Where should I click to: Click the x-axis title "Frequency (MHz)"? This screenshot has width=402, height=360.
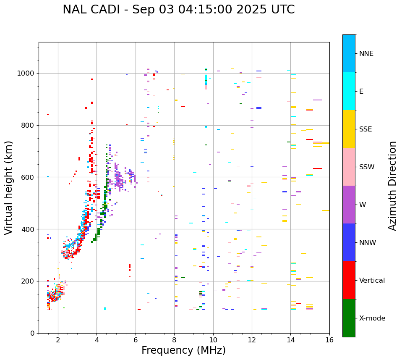point(183,350)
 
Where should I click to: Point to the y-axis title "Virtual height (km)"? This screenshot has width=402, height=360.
point(9,187)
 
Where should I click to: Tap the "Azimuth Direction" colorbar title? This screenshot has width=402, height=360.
point(392,186)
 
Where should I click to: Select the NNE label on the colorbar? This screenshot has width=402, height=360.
point(366,54)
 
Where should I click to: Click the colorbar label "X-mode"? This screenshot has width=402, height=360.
point(372,318)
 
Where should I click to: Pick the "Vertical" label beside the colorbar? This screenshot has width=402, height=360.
point(372,281)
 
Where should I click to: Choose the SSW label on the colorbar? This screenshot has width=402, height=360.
point(367,167)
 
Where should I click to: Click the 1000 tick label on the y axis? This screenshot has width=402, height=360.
point(26,73)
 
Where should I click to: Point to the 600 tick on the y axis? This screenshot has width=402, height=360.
point(28,177)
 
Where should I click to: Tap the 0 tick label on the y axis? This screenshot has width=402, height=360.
point(32,333)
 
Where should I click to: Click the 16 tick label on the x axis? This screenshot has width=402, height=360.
point(329,340)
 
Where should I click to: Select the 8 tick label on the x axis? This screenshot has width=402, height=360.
point(174,340)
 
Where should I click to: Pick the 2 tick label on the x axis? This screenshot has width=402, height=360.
point(58,340)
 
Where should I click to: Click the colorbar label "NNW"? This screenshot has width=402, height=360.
point(368,243)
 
